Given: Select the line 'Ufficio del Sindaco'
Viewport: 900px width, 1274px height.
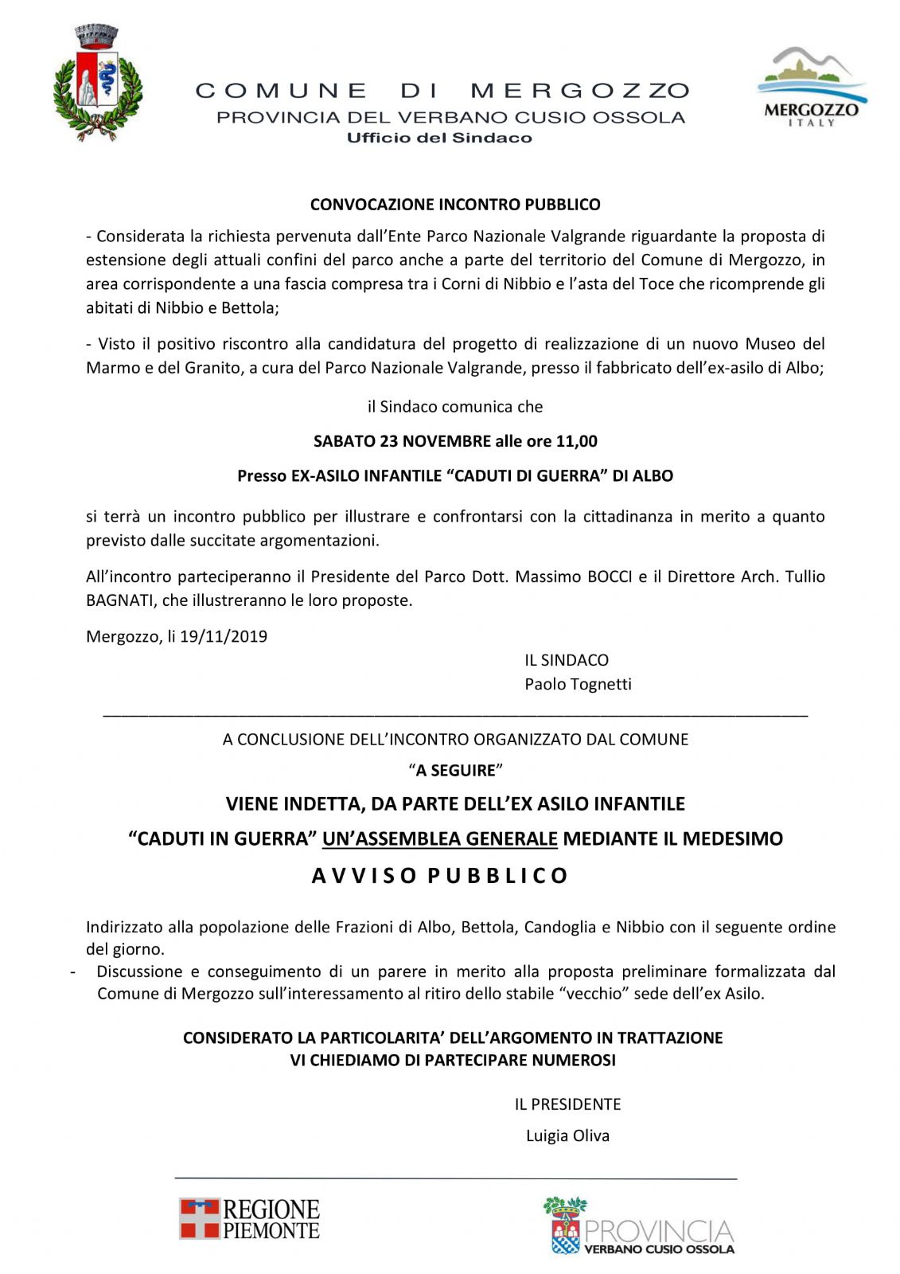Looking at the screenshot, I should click(x=439, y=138).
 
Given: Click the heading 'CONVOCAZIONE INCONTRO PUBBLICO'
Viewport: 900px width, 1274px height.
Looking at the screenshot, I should click(x=455, y=205).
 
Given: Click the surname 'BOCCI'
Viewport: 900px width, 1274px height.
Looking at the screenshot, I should click(x=610, y=576).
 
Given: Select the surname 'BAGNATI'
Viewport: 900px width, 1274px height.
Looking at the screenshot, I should click(x=119, y=600).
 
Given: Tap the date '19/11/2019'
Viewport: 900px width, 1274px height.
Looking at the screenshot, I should click(x=224, y=636).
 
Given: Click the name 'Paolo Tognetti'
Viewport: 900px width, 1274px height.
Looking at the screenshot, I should click(x=578, y=684).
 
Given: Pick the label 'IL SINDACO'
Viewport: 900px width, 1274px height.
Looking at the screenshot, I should click(x=567, y=660).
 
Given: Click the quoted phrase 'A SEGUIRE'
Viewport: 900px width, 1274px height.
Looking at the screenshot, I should click(x=456, y=771).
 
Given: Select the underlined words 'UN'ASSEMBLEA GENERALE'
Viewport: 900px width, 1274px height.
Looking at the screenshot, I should click(x=440, y=838).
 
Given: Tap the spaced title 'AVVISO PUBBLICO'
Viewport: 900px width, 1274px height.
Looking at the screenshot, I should click(x=440, y=876).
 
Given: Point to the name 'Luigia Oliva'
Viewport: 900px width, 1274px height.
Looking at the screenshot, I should click(x=567, y=1135).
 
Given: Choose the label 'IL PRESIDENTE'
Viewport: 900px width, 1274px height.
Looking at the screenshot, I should click(x=567, y=1104).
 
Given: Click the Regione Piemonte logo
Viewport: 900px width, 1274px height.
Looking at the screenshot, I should click(x=249, y=1219).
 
